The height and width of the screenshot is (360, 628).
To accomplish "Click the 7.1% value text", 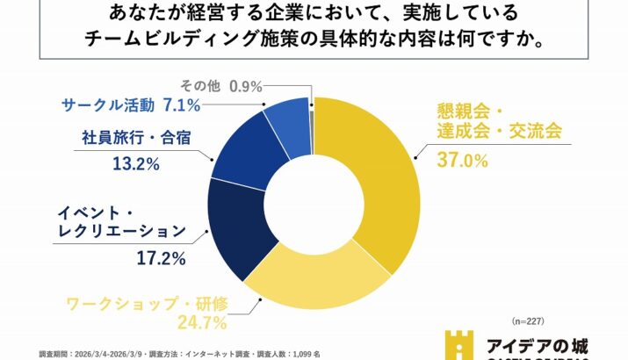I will click(182, 106).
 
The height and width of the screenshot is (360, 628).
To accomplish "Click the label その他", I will click(199, 85).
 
